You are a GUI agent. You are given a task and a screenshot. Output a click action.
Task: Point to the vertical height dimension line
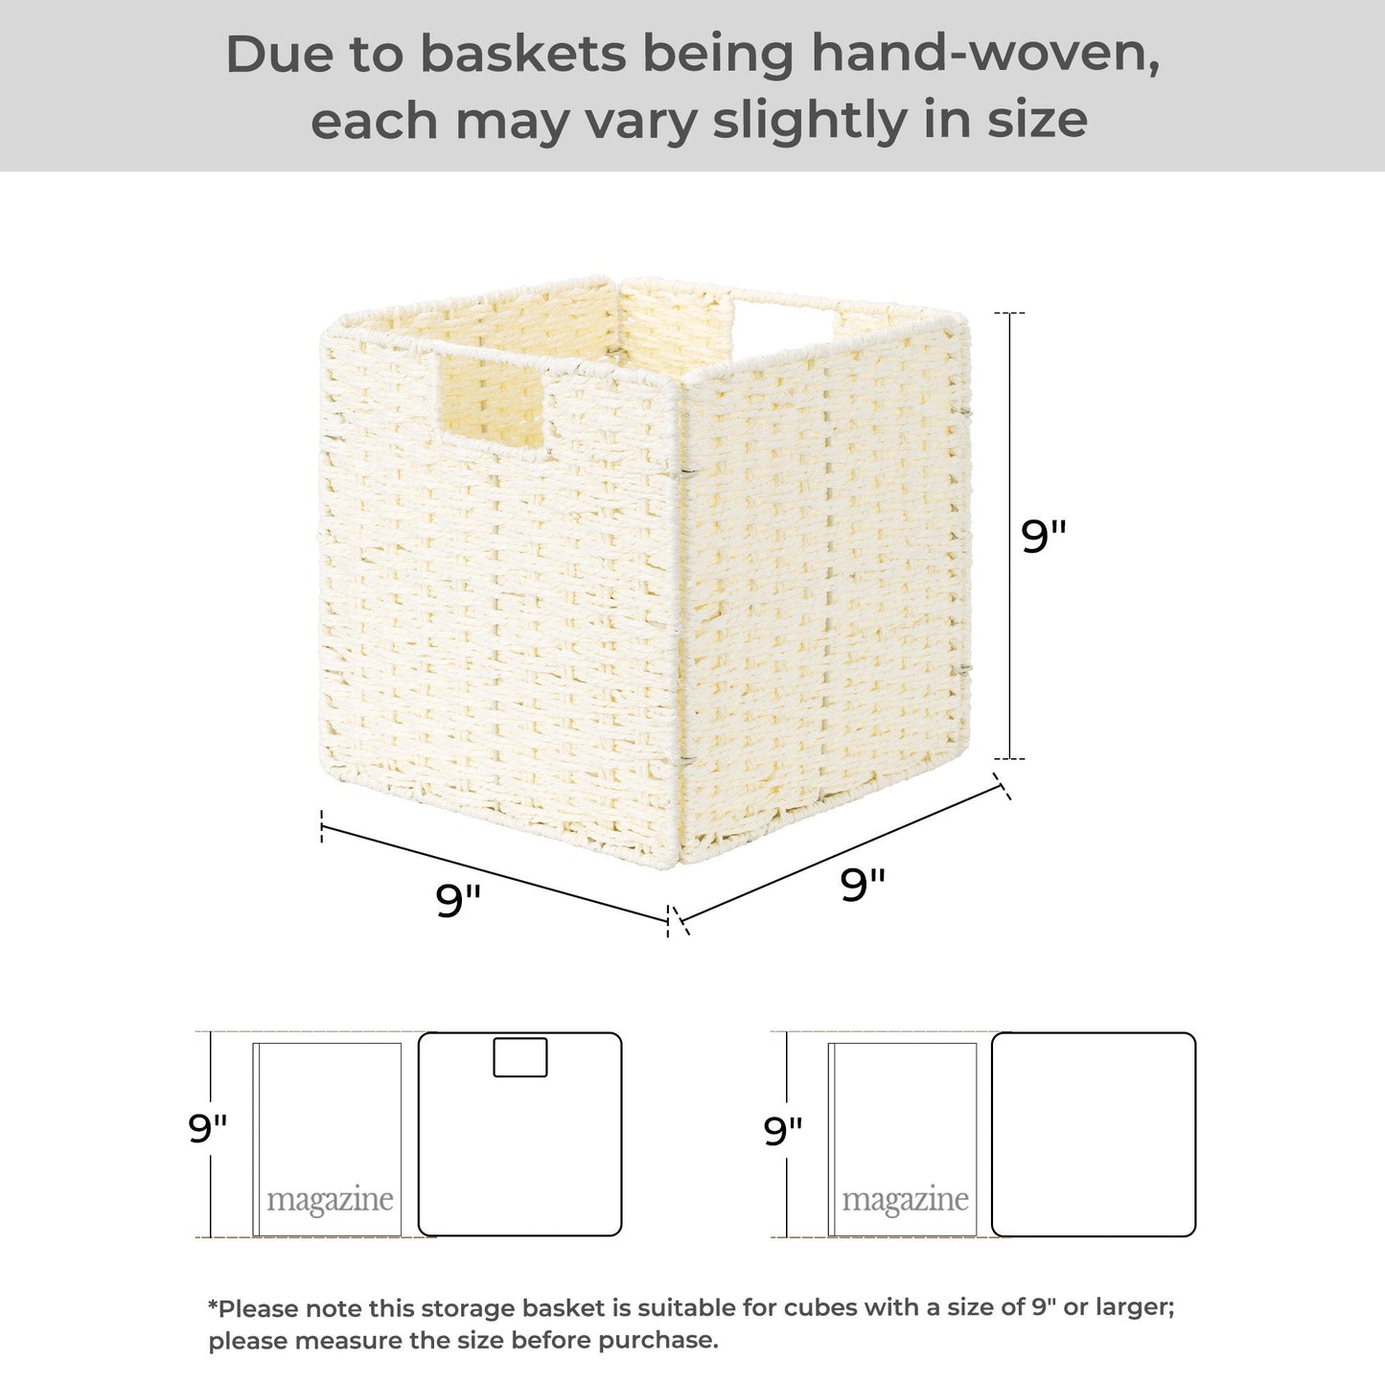point(1009,536)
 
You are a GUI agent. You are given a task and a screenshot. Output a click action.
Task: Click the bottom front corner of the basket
point(678,866)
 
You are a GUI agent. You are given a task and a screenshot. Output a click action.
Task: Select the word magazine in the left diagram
point(330,1200)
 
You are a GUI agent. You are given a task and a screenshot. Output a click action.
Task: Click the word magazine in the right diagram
point(905,1200)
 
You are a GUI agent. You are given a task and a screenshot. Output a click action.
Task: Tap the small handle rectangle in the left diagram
point(520,1057)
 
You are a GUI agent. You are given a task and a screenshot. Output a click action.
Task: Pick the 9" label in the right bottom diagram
point(783,1131)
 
